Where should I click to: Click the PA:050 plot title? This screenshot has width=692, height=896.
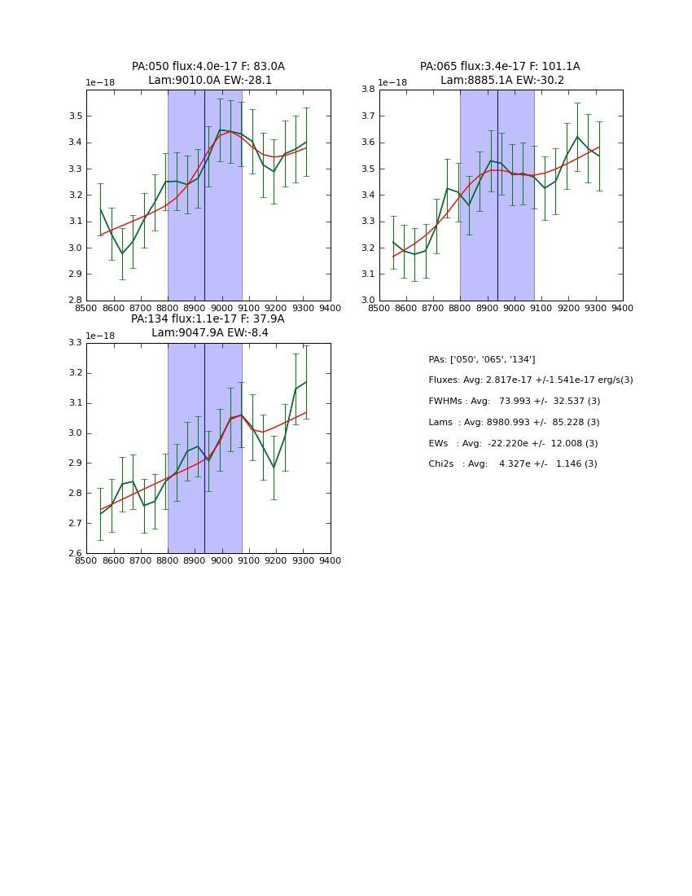click(x=208, y=67)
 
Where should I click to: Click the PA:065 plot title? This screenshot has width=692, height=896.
click(x=500, y=67)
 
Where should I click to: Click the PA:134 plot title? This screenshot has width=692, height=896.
click(x=208, y=319)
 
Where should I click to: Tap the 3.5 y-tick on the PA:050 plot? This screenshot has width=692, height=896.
click(x=76, y=116)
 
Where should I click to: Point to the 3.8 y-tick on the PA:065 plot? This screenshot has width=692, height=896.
click(x=368, y=90)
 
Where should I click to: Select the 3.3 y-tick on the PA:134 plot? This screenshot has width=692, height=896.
click(x=76, y=343)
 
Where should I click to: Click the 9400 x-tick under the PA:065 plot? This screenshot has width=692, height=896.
click(x=623, y=308)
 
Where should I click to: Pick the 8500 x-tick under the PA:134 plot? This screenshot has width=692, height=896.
click(x=86, y=560)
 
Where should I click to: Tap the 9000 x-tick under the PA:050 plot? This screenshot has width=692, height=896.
click(x=222, y=308)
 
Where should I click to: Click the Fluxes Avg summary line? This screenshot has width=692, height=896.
click(x=530, y=380)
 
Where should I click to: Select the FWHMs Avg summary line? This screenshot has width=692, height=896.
click(x=514, y=402)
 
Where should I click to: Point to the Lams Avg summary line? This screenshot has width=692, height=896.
click(x=514, y=423)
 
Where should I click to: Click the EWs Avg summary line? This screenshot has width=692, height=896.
click(x=513, y=444)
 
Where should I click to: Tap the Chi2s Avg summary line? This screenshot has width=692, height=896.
click(x=512, y=464)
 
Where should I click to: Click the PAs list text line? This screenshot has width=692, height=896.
click(x=481, y=360)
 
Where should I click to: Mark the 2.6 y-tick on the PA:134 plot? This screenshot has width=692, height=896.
click(x=76, y=553)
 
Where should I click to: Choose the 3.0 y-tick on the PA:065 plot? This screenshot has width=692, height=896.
click(x=368, y=301)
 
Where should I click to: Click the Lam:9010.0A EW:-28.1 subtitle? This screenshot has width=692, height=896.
click(x=210, y=81)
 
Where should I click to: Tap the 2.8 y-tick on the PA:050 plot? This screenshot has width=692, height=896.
click(x=76, y=301)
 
